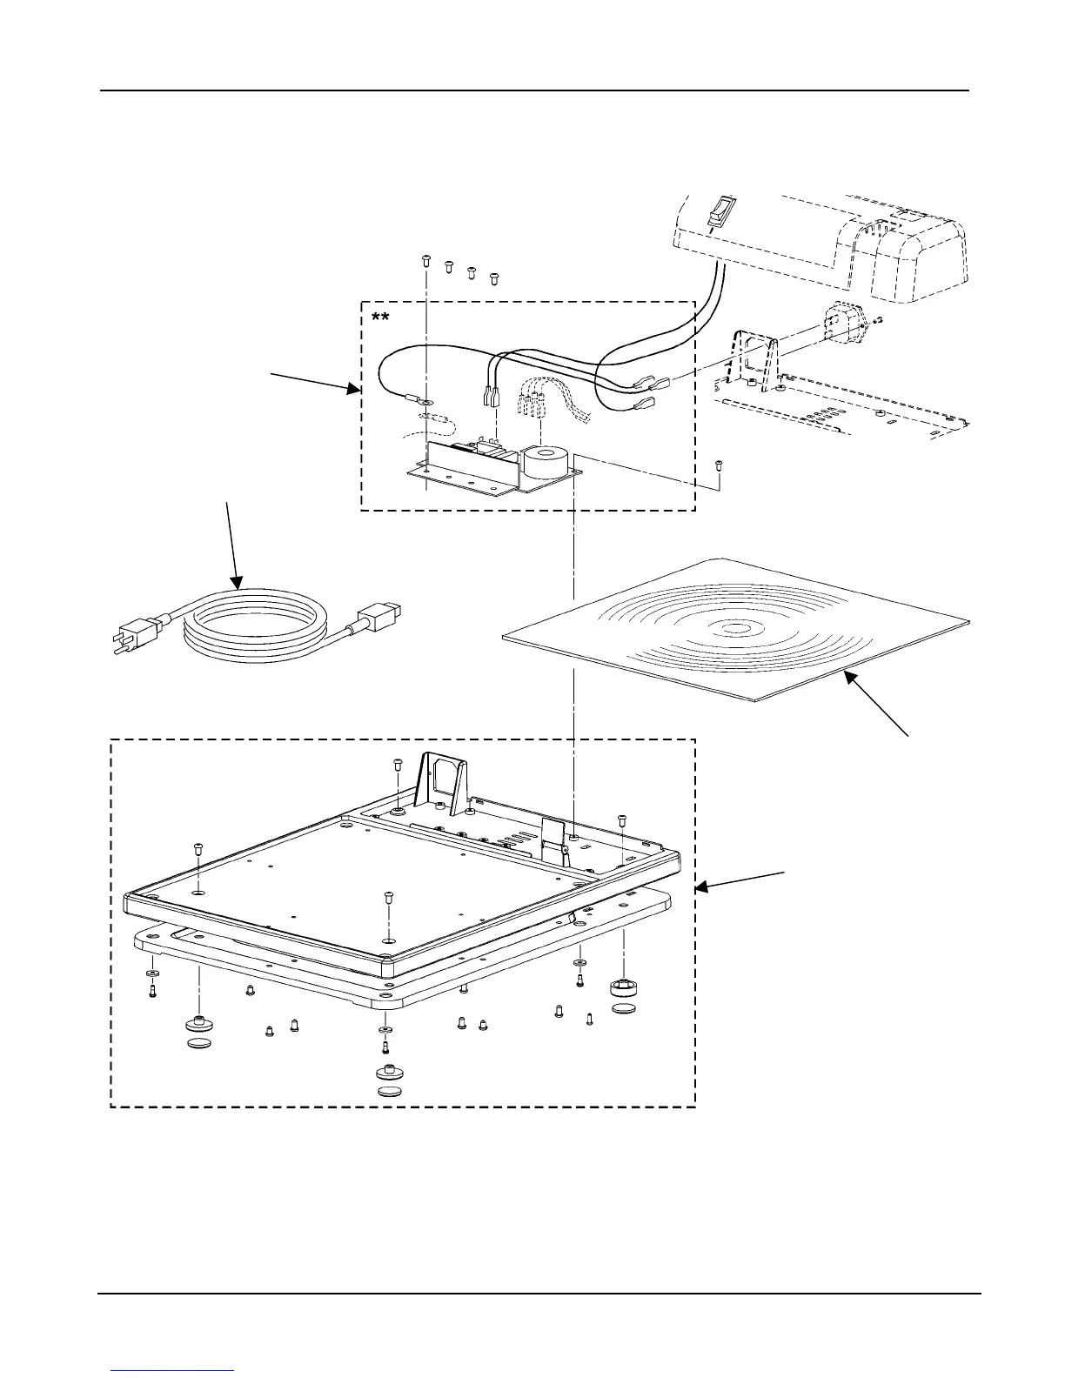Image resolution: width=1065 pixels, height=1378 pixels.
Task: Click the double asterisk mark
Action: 380,318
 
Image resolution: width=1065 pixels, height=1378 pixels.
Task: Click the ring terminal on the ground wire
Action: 425,402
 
